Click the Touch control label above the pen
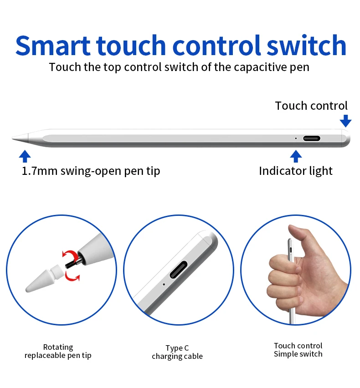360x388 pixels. click(311, 106)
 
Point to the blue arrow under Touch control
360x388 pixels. click(345, 121)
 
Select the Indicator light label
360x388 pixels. click(296, 171)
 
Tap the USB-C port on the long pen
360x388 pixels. click(312, 138)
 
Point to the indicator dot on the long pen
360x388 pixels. click(296, 138)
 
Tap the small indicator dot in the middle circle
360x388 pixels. click(164, 285)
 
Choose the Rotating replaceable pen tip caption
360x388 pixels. click(58, 351)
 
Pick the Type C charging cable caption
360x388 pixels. click(177, 352)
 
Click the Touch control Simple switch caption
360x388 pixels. click(298, 350)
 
